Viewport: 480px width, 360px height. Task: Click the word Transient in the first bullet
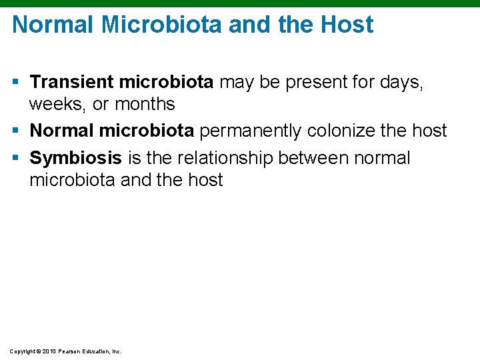coord(72,82)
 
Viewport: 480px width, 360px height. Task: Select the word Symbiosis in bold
coord(76,158)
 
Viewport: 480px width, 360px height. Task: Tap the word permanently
coord(250,130)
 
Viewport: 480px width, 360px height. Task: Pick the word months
coord(145,104)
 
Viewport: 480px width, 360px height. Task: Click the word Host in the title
coord(347,25)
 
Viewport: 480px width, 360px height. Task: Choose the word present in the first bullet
coord(285,82)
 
